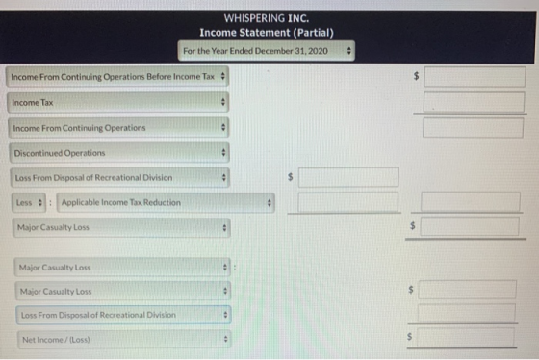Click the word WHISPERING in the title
point(254,18)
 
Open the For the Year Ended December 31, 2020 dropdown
point(267,51)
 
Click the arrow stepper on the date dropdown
point(348,51)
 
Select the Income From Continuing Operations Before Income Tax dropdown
point(117,76)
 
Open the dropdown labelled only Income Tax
point(117,102)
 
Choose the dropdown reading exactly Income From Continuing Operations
point(118,128)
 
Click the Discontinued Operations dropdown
point(119,153)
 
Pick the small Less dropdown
point(29,202)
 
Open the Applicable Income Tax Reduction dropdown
point(166,202)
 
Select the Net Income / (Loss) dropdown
point(124,340)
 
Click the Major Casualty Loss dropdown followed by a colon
point(122,268)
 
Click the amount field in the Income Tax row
point(474,102)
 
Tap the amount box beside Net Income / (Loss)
point(466,337)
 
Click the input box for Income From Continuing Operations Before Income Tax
point(475,76)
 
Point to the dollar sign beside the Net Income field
point(409,336)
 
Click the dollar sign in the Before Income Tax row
point(416,76)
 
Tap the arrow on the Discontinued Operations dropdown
point(223,152)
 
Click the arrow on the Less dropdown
point(40,202)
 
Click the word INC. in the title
point(298,18)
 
